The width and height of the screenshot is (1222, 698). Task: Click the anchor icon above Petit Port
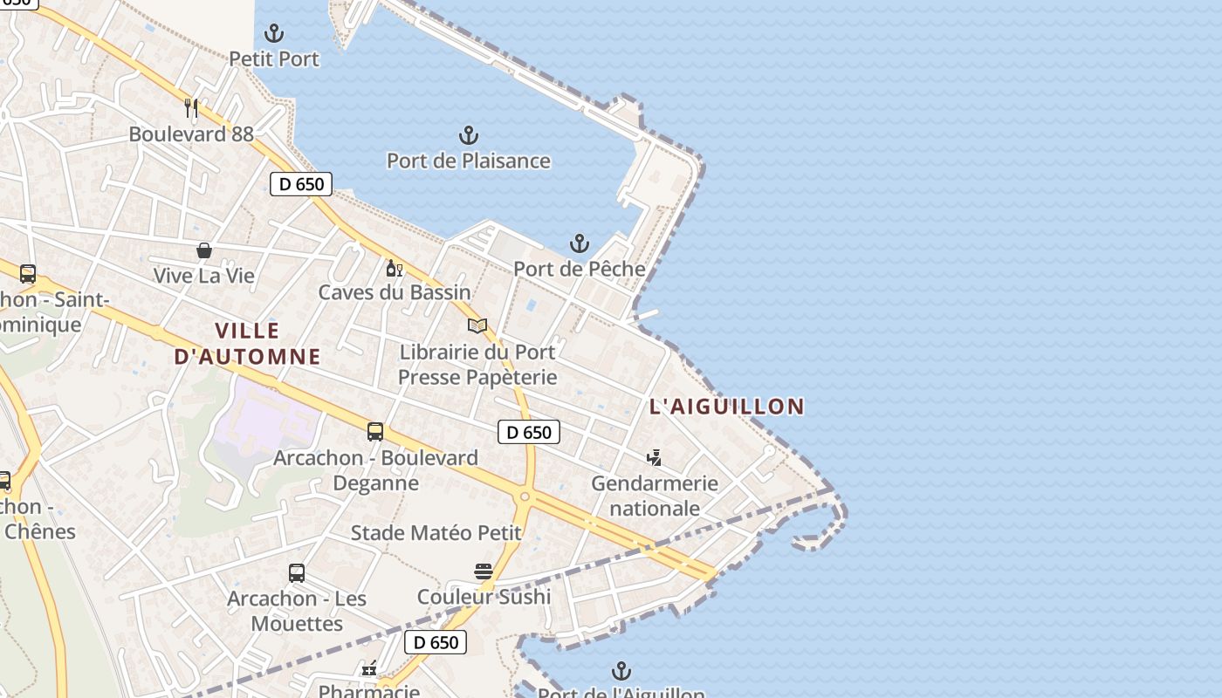tap(274, 34)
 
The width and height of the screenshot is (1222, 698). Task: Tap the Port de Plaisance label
tap(469, 161)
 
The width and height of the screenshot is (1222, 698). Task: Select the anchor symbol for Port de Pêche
tap(580, 243)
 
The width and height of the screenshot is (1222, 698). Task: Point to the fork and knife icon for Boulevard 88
tap(191, 108)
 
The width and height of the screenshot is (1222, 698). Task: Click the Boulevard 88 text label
tap(191, 133)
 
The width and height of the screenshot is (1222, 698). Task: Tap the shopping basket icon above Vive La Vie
tap(204, 251)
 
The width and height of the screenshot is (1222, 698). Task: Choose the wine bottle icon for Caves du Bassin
tap(395, 268)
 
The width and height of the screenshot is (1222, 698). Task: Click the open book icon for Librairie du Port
tap(477, 326)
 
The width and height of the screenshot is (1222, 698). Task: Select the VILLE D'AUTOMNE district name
tap(247, 343)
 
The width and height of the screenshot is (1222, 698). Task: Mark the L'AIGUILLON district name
tap(726, 406)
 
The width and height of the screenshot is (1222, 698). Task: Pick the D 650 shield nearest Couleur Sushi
tap(436, 643)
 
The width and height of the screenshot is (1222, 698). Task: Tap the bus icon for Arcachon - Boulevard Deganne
tap(375, 432)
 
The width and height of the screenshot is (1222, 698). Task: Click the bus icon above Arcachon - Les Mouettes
tap(297, 573)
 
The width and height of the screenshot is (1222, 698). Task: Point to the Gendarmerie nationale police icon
tap(654, 457)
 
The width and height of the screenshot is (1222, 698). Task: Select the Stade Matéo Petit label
tap(436, 532)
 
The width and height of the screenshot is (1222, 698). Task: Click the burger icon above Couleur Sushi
tap(484, 571)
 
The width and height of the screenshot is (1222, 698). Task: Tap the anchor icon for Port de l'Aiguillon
tap(621, 671)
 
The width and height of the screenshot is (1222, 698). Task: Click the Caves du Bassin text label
tap(395, 292)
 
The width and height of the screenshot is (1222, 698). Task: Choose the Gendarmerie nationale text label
tap(655, 496)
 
